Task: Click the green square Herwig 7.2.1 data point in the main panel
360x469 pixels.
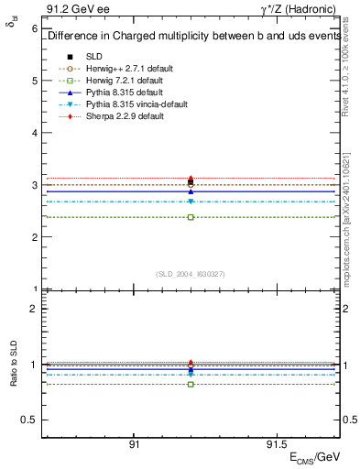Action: click(x=191, y=217)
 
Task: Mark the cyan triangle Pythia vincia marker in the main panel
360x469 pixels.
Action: click(x=191, y=202)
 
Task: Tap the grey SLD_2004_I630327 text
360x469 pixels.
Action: click(x=191, y=274)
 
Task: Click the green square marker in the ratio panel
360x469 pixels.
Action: click(x=191, y=384)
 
